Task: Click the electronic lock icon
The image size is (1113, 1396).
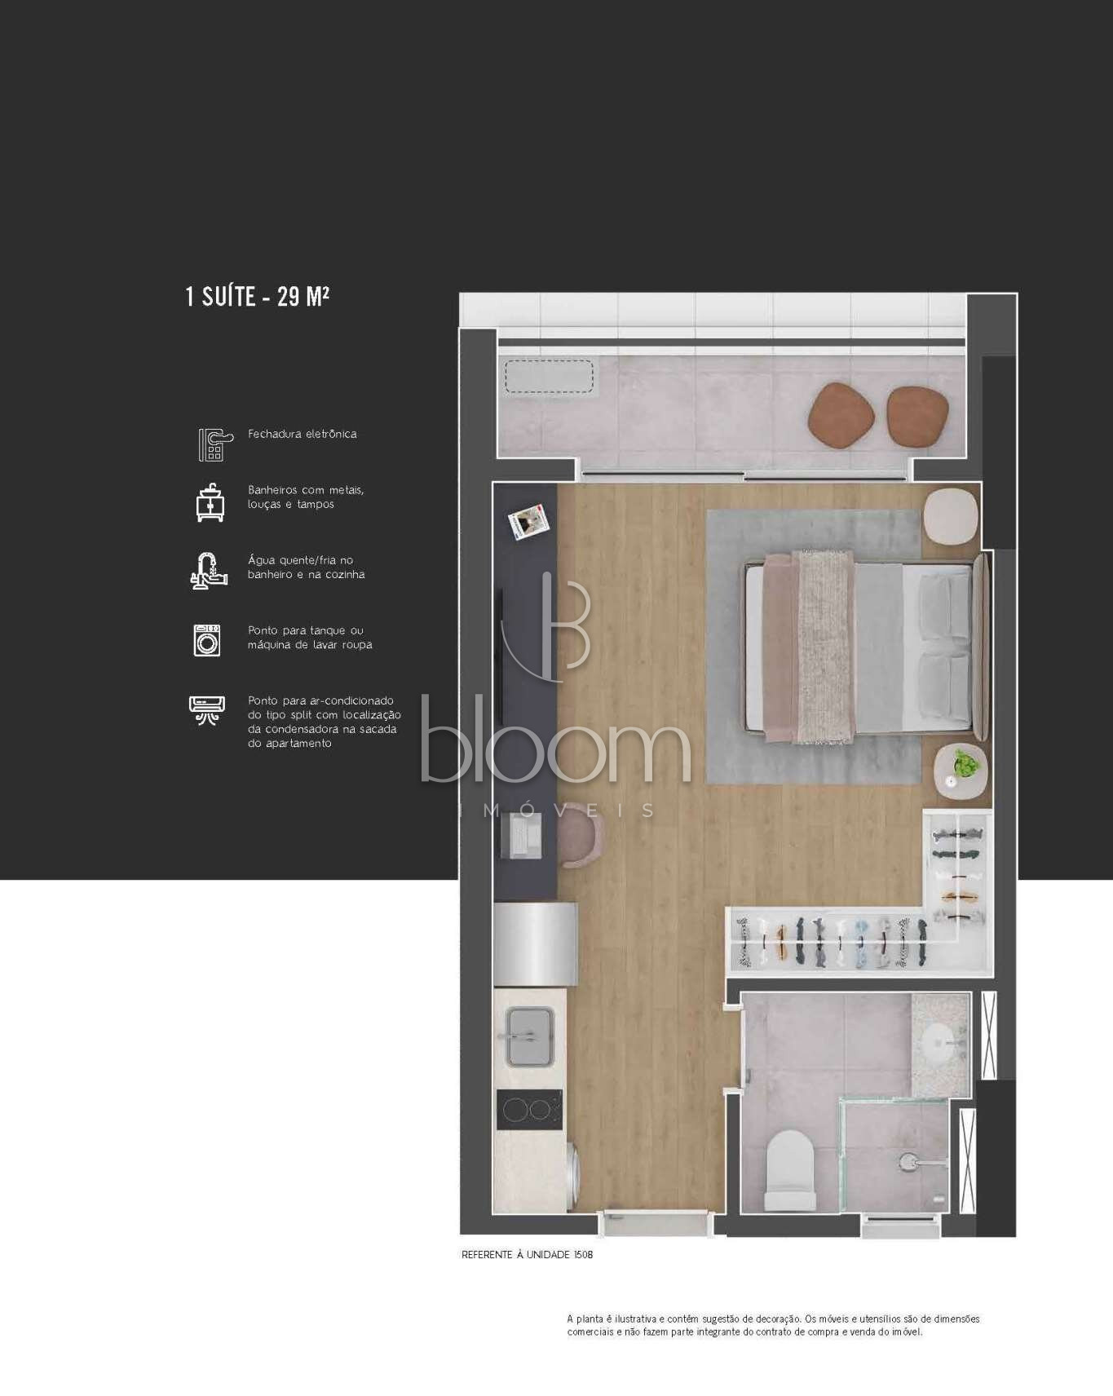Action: pos(214,444)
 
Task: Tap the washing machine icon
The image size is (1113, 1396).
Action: pos(207,640)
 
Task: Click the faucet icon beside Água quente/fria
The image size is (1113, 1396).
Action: pos(208,570)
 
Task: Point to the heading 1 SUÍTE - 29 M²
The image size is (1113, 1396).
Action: pos(258,296)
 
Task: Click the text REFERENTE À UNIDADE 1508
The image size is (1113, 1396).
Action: pos(527,1255)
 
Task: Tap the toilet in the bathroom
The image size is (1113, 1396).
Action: pos(790,1171)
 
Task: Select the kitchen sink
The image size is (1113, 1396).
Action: pos(530,1036)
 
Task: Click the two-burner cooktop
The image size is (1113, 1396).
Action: pos(529,1109)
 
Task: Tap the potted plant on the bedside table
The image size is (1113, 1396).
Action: pos(966,764)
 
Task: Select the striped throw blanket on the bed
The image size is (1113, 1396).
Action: pos(824,647)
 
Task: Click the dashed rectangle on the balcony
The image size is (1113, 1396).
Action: pos(549,377)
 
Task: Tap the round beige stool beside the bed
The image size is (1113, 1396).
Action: pos(951,515)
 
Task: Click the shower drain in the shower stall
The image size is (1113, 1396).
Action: pos(908,1160)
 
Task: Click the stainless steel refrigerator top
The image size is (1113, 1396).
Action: pos(536,943)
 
